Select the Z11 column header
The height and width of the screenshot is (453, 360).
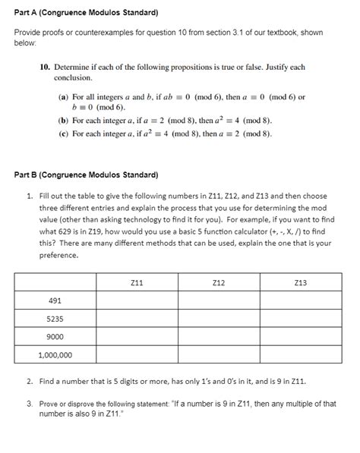[x=137, y=283]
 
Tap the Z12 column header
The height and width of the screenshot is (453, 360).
[x=219, y=283]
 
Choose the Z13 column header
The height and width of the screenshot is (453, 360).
[x=300, y=283]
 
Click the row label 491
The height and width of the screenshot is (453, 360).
[x=55, y=301]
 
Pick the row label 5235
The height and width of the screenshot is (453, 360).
[x=55, y=319]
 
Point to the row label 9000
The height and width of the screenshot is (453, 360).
[x=55, y=337]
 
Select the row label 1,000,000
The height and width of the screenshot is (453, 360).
[x=55, y=354]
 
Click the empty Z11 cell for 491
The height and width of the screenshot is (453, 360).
[x=137, y=301]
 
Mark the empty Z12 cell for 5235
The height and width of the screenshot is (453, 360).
[x=219, y=319]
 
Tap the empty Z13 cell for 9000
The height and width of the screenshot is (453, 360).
[x=300, y=337]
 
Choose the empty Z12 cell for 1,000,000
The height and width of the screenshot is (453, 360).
[x=219, y=354]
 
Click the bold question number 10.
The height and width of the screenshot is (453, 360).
[x=46, y=68]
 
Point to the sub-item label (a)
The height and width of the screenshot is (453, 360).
[x=63, y=97]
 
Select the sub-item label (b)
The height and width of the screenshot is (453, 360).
[x=63, y=121]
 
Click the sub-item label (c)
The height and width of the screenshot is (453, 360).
[x=63, y=133]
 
